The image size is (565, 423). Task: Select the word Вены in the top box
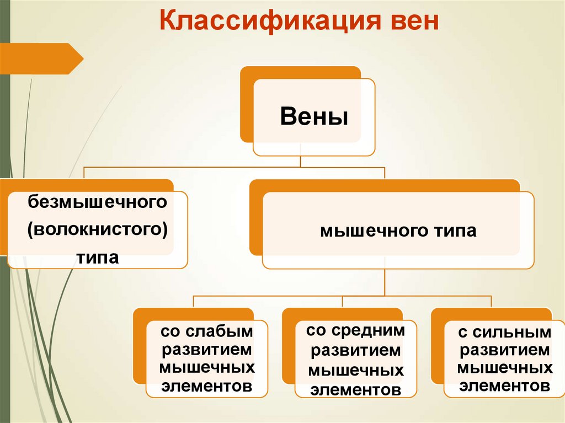point(314,117)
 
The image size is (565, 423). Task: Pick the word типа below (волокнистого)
point(98,257)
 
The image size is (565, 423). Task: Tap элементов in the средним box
point(355,389)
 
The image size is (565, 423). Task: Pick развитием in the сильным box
point(504,350)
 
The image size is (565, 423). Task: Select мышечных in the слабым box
point(207,368)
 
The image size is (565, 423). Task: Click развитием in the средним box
point(355,350)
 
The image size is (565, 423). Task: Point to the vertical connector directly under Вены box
point(301,161)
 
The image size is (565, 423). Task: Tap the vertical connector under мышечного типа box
point(385,282)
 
